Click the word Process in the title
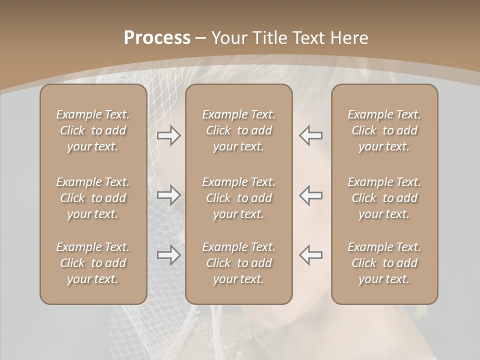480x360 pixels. pos(157,38)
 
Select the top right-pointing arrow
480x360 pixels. pos(169,135)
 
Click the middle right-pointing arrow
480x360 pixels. pos(169,195)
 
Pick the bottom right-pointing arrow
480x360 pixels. pos(169,255)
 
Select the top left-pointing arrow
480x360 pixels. pos(310,135)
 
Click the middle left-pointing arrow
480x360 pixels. pos(310,195)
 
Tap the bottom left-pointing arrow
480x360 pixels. pos(310,255)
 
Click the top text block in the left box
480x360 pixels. pos(93,130)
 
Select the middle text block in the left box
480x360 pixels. pos(93,198)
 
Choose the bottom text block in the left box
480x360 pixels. pos(93,263)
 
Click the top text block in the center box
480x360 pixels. pos(238,130)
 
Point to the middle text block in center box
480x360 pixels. pos(238,198)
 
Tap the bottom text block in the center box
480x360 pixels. pos(238,263)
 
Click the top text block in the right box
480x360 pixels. pos(384,130)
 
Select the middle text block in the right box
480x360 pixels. pos(384,198)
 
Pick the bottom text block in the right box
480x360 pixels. pos(384,263)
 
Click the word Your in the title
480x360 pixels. pos(229,38)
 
